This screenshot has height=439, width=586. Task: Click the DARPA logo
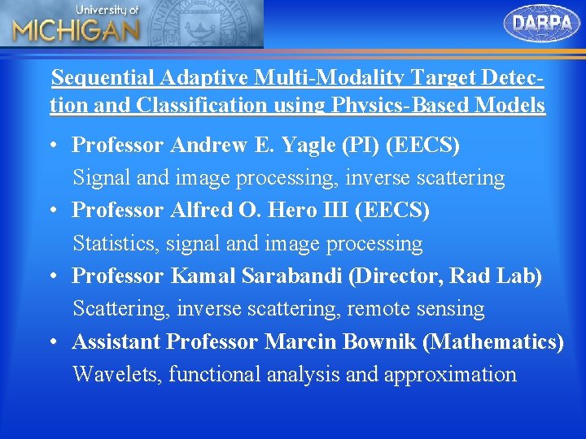click(543, 23)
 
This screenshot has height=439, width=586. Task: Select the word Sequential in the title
click(103, 79)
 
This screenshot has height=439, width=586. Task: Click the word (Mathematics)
click(493, 342)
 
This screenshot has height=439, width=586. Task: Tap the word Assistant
click(116, 342)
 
